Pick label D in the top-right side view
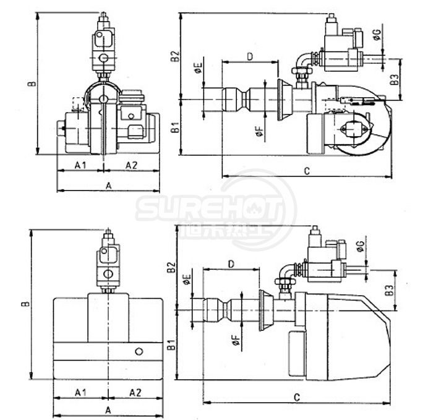click(x=250, y=56)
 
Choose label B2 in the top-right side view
click(x=175, y=58)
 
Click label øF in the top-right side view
click(x=259, y=131)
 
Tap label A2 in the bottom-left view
click(x=135, y=392)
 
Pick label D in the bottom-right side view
click(x=230, y=264)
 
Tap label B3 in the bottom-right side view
click(x=387, y=289)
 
